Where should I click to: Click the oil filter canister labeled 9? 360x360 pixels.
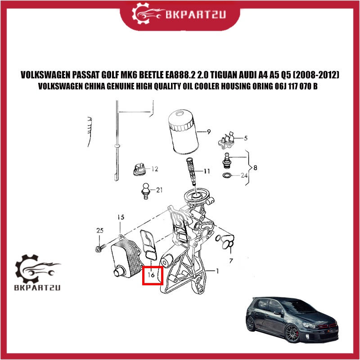click(x=183, y=132)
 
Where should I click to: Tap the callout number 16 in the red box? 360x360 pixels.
click(x=151, y=274)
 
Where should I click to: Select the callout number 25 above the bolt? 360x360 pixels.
click(x=100, y=230)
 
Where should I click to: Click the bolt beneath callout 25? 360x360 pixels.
click(x=100, y=248)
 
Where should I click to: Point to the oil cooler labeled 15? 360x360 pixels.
click(x=126, y=257)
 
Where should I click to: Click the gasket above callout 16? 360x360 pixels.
click(x=148, y=245)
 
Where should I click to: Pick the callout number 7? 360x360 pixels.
click(x=231, y=261)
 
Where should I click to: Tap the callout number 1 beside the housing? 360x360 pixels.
click(x=217, y=271)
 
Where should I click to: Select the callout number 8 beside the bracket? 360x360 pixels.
click(x=255, y=168)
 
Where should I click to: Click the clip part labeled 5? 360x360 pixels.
click(x=226, y=140)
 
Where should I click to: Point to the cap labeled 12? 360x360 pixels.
click(x=139, y=170)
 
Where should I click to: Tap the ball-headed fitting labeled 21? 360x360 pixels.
click(x=145, y=191)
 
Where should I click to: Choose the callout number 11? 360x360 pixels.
click(x=207, y=171)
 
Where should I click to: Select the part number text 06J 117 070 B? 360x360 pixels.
click(x=296, y=86)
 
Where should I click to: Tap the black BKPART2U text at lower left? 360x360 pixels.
click(x=37, y=288)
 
